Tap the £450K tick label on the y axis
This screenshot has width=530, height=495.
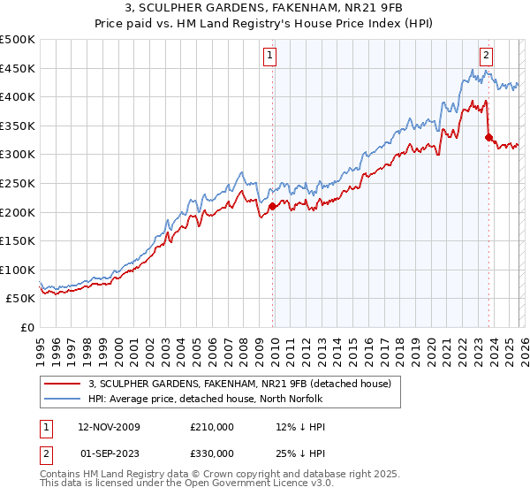pos(18,68)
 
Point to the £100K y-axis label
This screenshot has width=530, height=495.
pos(18,270)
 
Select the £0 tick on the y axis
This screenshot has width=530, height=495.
pos(27,327)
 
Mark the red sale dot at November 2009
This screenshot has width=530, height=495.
pos(272,207)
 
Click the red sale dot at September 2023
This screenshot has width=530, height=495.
pos(488,137)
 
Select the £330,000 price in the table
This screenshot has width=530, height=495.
pos(211,453)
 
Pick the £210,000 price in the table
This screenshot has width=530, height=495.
pos(211,427)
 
